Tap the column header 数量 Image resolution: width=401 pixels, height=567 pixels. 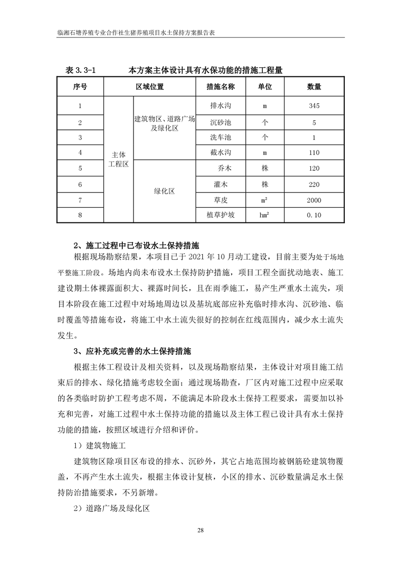[314, 87]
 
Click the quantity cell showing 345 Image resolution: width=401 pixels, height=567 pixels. [314, 107]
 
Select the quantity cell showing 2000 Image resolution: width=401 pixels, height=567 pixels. [314, 200]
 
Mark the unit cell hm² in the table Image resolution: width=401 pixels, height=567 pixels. [264, 215]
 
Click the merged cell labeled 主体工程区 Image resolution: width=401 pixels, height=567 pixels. [118, 160]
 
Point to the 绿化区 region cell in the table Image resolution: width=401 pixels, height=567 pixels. [164, 192]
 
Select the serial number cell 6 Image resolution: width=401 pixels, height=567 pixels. [80, 184]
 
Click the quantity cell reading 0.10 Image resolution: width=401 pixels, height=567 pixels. [314, 215]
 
